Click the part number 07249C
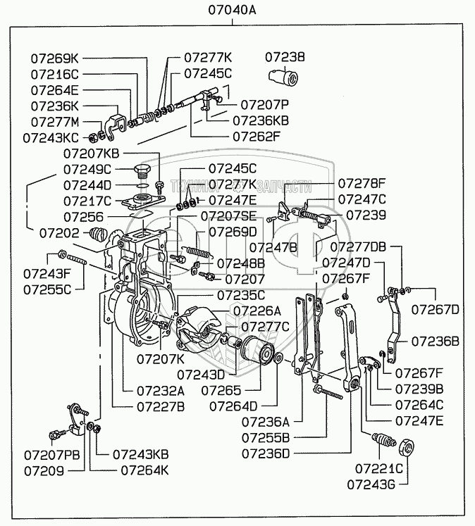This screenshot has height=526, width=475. [87, 169]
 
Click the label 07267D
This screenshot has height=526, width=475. [435, 309]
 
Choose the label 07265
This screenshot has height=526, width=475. [221, 389]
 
